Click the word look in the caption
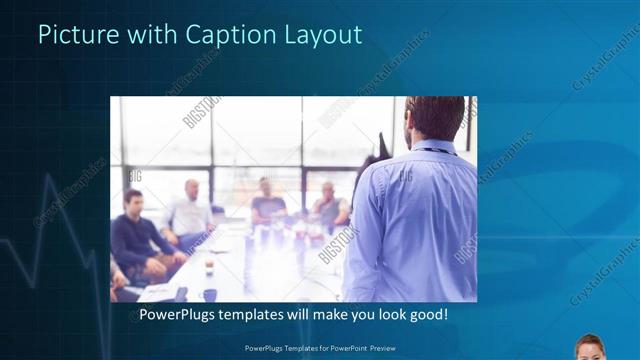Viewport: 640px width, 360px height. pyautogui.click(x=385, y=315)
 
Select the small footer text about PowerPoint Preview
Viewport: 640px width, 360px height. pyautogui.click(x=319, y=349)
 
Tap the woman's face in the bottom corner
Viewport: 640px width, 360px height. pyautogui.click(x=590, y=348)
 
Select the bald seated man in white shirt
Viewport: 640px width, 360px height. pyautogui.click(x=190, y=210)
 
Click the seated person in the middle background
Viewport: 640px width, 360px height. pyautogui.click(x=266, y=200)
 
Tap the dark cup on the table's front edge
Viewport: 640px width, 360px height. pyautogui.click(x=210, y=294)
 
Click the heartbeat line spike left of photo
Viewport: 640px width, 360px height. pyautogui.click(x=47, y=200)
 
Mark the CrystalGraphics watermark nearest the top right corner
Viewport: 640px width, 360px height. pyautogui.click(x=605, y=65)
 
